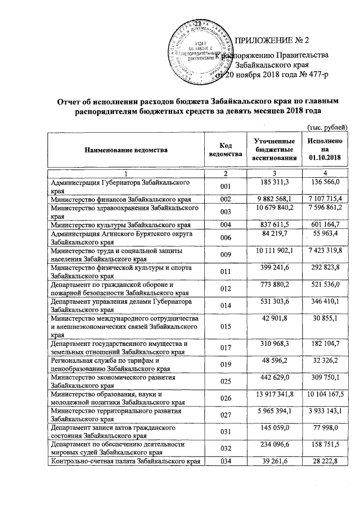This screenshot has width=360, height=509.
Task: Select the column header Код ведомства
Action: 225,150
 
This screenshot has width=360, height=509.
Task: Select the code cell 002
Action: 225,199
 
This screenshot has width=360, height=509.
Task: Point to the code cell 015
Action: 225,326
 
